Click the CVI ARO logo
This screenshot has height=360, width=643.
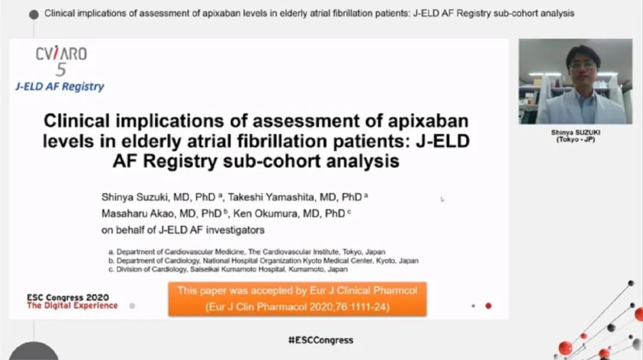click(x=61, y=60)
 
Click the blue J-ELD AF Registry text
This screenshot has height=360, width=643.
click(x=60, y=86)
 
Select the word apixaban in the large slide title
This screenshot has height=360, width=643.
click(x=428, y=121)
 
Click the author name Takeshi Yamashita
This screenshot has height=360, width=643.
click(x=271, y=197)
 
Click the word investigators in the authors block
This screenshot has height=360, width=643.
click(x=235, y=230)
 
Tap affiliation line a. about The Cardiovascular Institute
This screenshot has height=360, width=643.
click(x=247, y=252)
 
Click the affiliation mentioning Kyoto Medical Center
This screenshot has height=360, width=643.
click(x=263, y=261)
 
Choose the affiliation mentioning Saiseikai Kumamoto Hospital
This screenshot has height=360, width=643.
click(x=228, y=270)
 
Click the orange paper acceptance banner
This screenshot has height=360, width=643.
click(x=297, y=299)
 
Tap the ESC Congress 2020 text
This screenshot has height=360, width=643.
click(x=68, y=298)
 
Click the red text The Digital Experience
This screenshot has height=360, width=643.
click(x=72, y=305)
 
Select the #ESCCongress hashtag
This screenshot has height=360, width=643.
click(x=321, y=340)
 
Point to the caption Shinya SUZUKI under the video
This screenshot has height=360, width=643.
click(x=576, y=133)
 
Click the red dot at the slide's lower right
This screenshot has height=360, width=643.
click(x=488, y=306)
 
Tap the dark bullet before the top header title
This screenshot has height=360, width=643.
click(x=34, y=15)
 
